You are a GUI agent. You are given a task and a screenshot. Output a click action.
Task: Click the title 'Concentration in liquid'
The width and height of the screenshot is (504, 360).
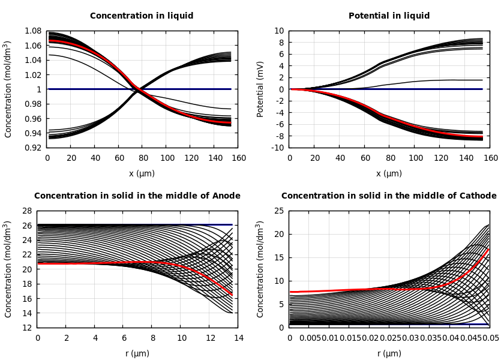click(x=142, y=16)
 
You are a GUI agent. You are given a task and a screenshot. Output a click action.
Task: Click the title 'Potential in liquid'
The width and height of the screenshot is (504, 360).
click(x=389, y=16)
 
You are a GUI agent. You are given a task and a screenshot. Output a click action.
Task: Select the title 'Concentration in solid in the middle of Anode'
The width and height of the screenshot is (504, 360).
click(x=137, y=196)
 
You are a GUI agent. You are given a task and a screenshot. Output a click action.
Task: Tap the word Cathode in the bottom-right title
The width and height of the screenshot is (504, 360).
click(x=478, y=196)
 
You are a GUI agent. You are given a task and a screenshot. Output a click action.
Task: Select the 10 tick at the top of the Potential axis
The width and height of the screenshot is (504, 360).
click(x=279, y=31)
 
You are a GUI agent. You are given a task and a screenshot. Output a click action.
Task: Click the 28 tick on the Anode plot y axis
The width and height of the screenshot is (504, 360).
click(x=27, y=211)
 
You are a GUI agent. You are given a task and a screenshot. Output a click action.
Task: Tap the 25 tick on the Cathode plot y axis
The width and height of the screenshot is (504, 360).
click(x=279, y=211)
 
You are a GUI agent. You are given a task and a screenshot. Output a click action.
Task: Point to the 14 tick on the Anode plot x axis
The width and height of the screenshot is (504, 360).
click(x=238, y=338)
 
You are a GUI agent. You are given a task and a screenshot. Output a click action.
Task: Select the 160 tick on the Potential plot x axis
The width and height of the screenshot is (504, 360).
click(x=491, y=158)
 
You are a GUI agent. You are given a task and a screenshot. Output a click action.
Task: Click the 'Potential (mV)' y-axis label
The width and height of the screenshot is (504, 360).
click(x=260, y=89)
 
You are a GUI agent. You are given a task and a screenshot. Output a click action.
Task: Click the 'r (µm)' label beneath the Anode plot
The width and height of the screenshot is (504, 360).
click(x=137, y=354)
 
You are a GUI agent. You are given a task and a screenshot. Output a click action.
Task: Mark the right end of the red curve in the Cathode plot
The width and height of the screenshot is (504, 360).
click(x=488, y=249)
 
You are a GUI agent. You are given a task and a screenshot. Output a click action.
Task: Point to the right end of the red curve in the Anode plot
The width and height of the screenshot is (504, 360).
click(x=232, y=295)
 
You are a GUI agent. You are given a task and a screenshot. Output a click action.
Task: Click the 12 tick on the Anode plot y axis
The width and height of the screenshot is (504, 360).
click(x=27, y=328)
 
